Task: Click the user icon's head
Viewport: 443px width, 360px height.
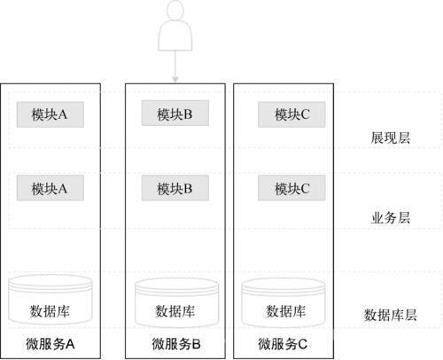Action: [x=175, y=10]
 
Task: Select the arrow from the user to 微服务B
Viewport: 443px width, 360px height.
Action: [x=175, y=67]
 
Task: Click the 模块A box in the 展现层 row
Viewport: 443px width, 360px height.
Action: [x=51, y=114]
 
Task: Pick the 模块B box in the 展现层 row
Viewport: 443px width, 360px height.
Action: [x=175, y=113]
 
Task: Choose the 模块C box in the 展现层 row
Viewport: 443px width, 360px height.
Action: [x=291, y=114]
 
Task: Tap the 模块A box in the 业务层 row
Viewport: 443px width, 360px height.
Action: [x=51, y=188]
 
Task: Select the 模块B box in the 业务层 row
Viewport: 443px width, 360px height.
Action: [x=175, y=188]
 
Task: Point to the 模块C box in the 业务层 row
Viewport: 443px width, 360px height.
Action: [x=291, y=188]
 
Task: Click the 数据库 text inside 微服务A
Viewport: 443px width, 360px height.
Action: [x=50, y=311]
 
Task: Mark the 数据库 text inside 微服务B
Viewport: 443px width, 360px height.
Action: [x=175, y=311]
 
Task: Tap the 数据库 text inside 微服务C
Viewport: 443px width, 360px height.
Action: [x=285, y=311]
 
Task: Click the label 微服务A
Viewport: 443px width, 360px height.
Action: [x=51, y=344]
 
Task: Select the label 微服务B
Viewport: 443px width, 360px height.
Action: [x=176, y=344]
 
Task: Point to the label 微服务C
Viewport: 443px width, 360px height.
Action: [x=283, y=344]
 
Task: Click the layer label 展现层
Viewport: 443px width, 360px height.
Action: [x=391, y=137]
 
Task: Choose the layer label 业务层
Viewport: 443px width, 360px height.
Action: [x=391, y=218]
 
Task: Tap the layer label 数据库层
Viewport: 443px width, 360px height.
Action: [x=390, y=315]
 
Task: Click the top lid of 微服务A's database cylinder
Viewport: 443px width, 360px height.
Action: [x=51, y=282]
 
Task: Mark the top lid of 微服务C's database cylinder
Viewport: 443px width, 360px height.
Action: [x=284, y=286]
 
